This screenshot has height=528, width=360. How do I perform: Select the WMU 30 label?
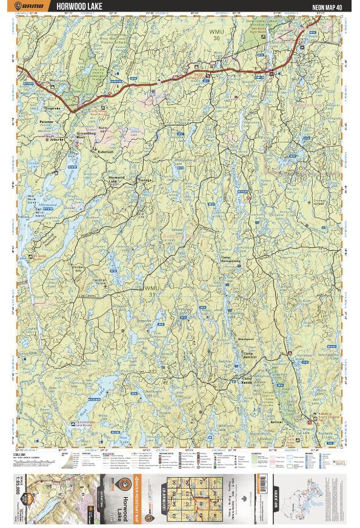tap(216, 33)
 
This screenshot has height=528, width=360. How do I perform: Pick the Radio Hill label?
tap(102, 130)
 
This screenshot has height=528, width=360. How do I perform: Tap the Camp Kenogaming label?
tap(231, 261)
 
